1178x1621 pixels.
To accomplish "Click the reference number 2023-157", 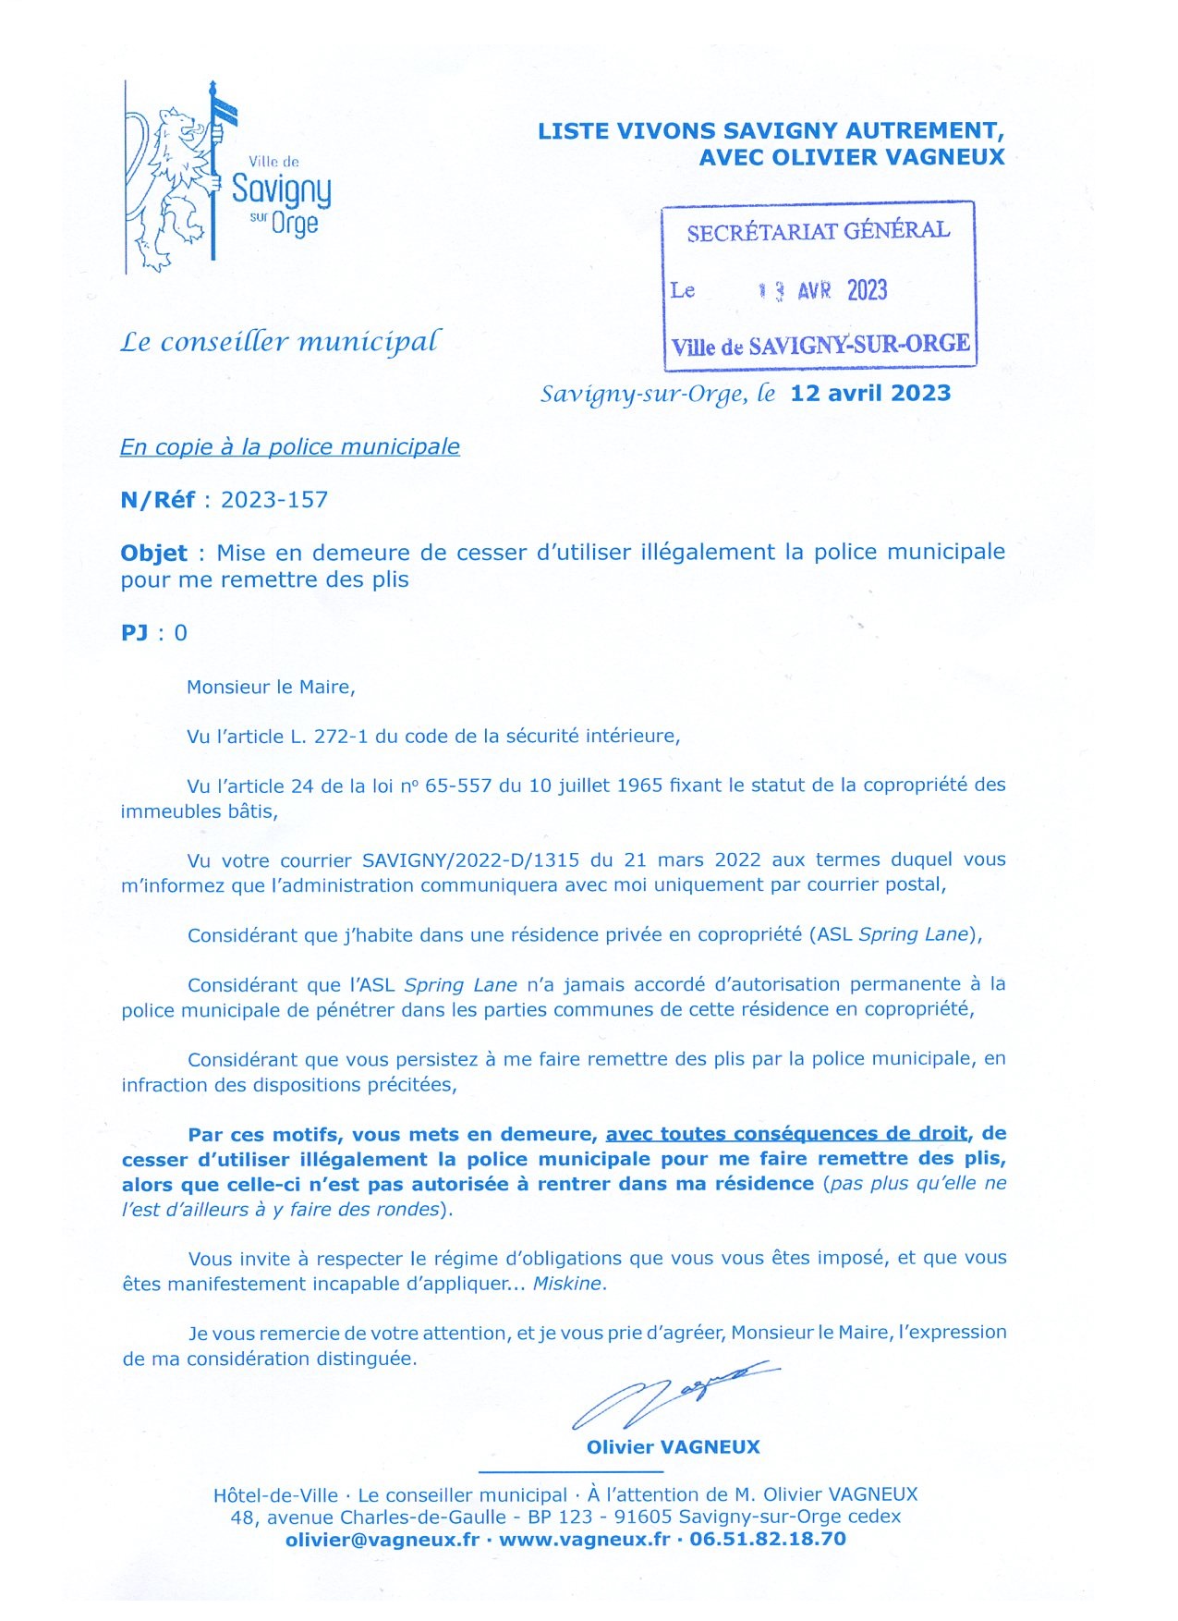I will click(x=274, y=500).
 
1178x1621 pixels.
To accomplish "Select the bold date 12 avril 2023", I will click(x=870, y=394).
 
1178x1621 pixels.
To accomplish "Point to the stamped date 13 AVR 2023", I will click(x=822, y=291).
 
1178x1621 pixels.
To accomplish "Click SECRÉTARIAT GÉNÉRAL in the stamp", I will click(x=819, y=231).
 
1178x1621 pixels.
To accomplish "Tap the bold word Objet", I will click(x=153, y=554).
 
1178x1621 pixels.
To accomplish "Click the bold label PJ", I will click(x=134, y=633).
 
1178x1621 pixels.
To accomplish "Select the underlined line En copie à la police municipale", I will click(x=289, y=447).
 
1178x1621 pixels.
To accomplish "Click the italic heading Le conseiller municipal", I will click(x=280, y=343).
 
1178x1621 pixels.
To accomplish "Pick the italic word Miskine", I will click(x=567, y=1284).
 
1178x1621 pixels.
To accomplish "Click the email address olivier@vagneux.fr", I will click(x=383, y=1540).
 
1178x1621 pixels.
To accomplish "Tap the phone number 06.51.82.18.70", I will click(x=768, y=1540).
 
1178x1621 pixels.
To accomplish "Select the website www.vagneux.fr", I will click(x=584, y=1540).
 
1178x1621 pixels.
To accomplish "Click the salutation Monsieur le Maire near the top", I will click(x=270, y=688).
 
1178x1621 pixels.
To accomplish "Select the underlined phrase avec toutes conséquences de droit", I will click(x=786, y=1134).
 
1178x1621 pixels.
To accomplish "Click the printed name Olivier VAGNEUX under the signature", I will click(x=673, y=1448).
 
